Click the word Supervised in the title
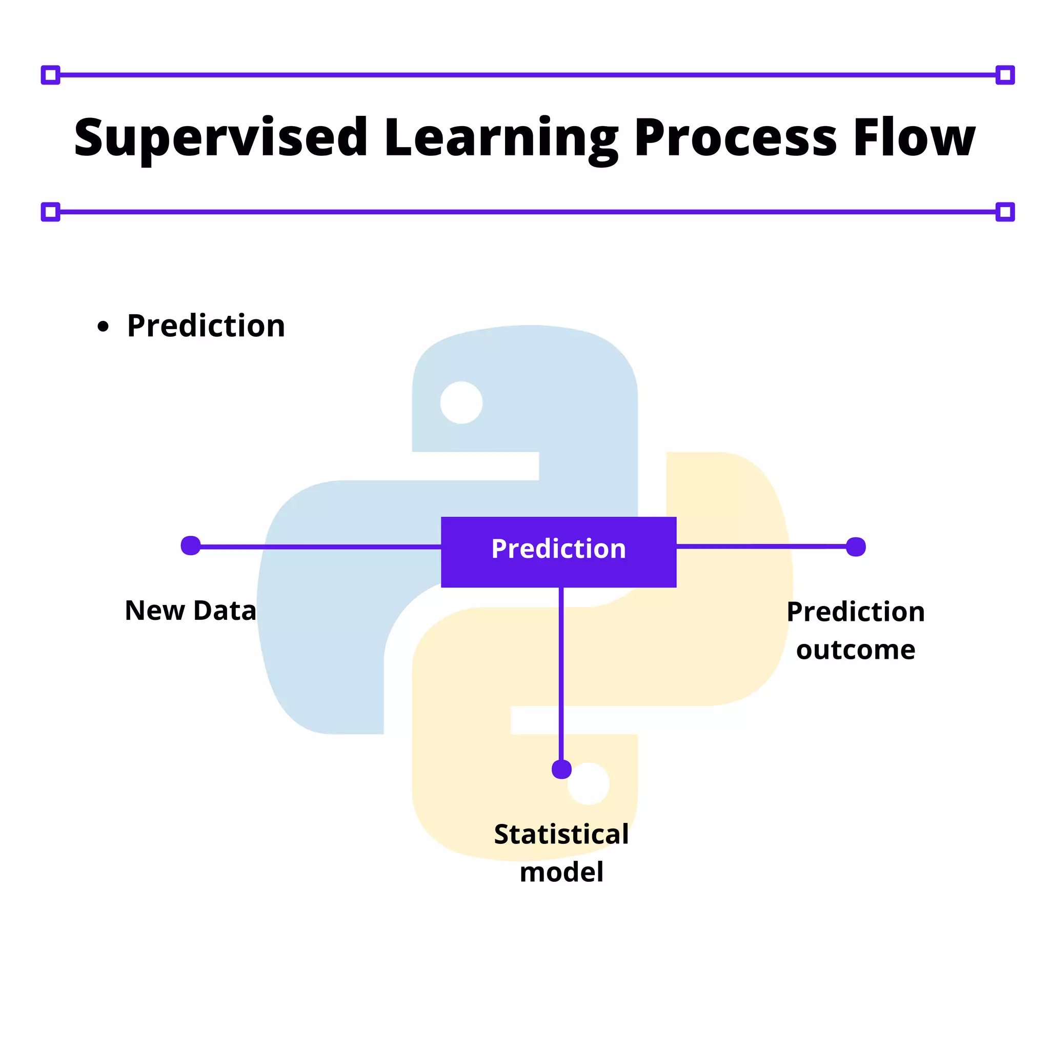point(220,138)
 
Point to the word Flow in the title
point(914,138)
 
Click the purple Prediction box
point(558,552)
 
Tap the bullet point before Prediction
point(103,327)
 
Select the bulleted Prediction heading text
point(206,326)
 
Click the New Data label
point(190,610)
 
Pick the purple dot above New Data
point(191,546)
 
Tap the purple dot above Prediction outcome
point(856,547)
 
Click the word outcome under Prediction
point(856,650)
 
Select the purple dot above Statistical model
point(561,770)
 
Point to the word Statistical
point(561,834)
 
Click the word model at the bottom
point(561,872)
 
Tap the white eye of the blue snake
point(461,402)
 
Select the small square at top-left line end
point(51,75)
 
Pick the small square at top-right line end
point(1005,75)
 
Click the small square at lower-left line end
point(51,212)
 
